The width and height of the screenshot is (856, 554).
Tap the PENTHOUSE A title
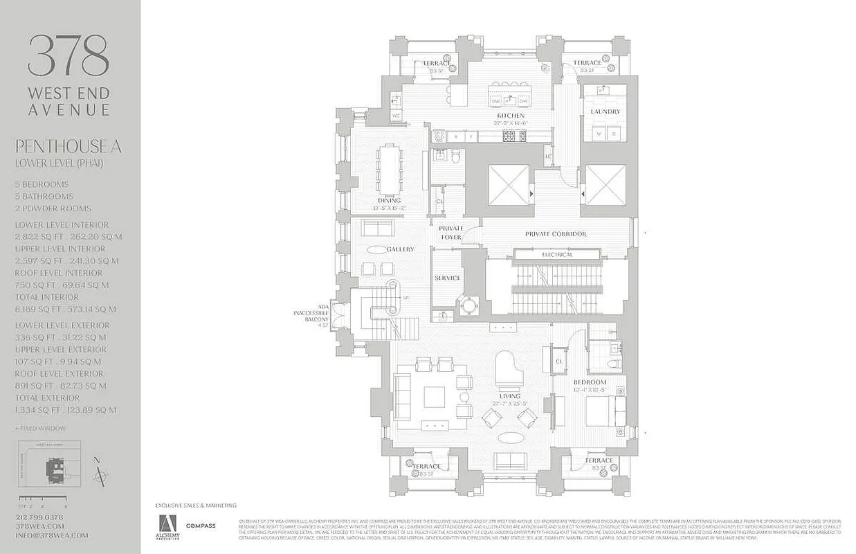[69, 147]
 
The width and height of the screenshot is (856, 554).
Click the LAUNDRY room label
[605, 111]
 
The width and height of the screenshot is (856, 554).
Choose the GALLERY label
[400, 249]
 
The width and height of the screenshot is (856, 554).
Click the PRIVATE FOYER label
[451, 233]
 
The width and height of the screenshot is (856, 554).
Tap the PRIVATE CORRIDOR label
[556, 234]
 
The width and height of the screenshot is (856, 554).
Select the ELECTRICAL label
[557, 255]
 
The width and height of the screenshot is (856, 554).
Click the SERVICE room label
[447, 278]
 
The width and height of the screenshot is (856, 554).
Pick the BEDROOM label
[590, 382]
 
